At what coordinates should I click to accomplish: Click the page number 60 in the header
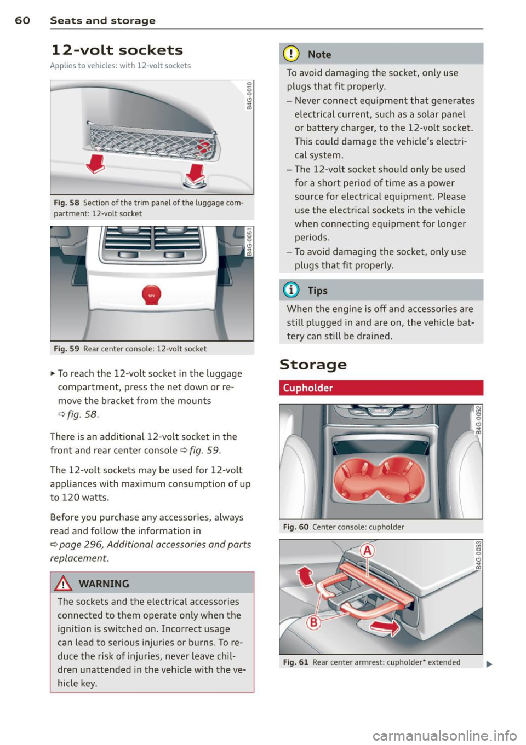pyautogui.click(x=23, y=21)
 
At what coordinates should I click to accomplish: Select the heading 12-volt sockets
pyautogui.click(x=117, y=50)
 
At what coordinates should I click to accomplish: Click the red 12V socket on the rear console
pyautogui.click(x=151, y=294)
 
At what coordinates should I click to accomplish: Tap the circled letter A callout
pyautogui.click(x=367, y=550)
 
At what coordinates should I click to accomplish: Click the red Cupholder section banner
pyautogui.click(x=381, y=388)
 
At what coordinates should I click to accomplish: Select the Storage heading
pyautogui.click(x=313, y=365)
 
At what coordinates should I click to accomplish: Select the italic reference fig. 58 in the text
pyautogui.click(x=78, y=414)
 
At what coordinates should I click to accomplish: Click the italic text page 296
pyautogui.click(x=77, y=545)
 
